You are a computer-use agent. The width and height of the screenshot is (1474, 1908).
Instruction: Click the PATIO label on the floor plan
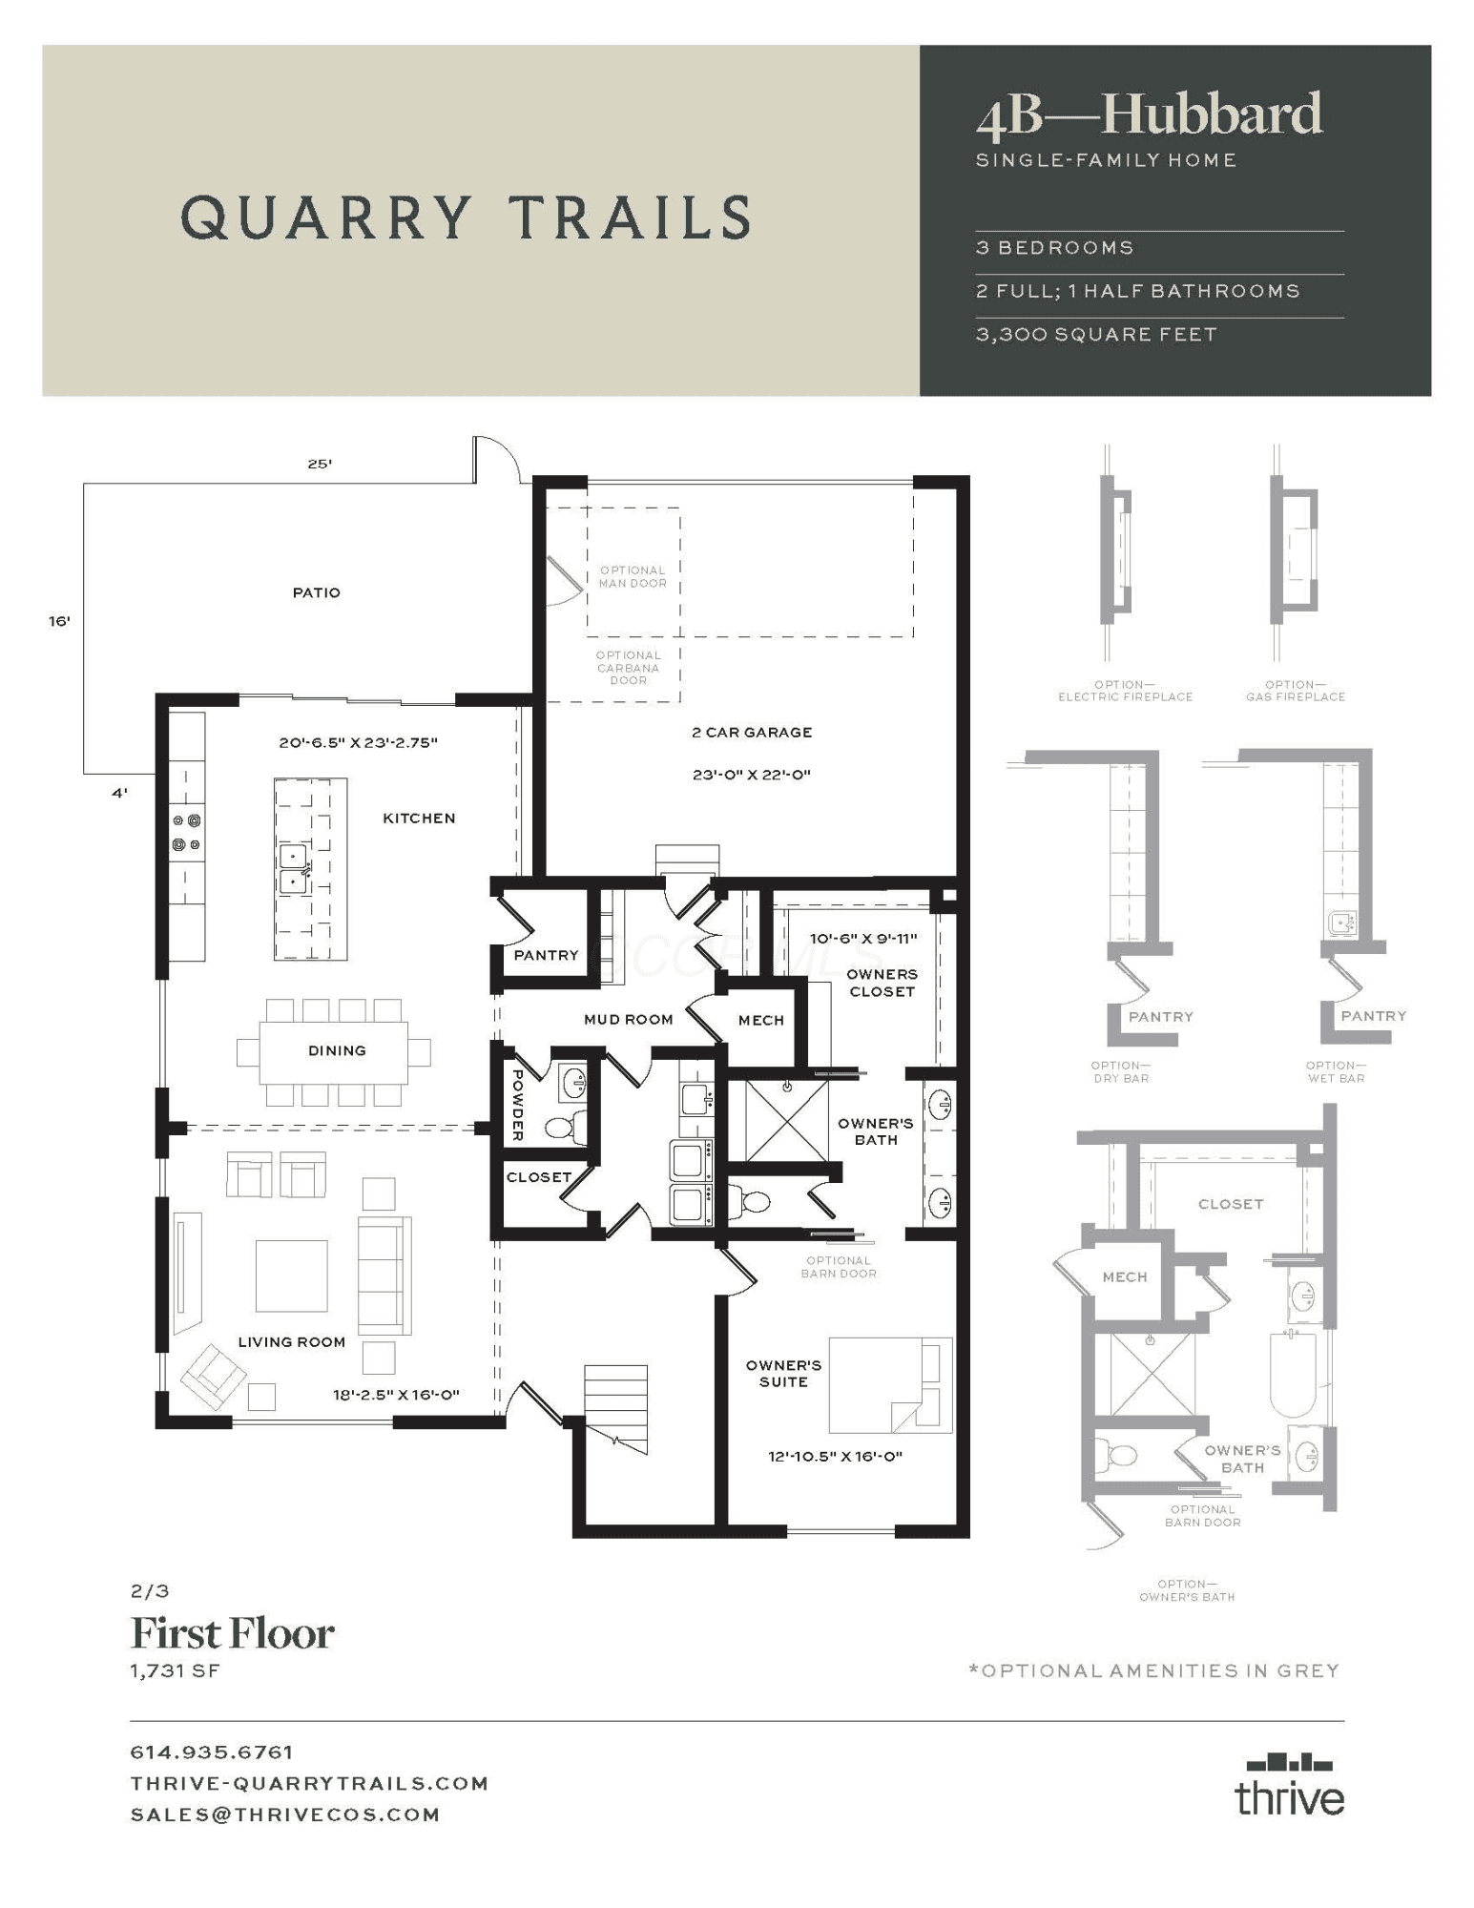(x=316, y=592)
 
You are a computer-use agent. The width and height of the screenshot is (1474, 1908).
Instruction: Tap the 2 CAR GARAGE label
(x=752, y=732)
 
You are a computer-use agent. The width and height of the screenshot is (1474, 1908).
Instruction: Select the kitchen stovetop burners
(x=186, y=832)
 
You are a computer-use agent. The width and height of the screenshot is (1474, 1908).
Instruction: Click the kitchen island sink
(x=293, y=868)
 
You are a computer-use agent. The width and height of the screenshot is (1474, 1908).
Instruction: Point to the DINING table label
(x=337, y=1050)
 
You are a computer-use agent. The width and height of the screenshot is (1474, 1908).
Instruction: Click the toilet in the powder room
(x=565, y=1128)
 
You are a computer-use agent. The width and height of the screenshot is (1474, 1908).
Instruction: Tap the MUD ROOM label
(x=628, y=1019)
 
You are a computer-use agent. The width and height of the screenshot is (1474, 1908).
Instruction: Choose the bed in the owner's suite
(x=890, y=1384)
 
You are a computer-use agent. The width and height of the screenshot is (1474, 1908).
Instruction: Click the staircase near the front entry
(x=615, y=1409)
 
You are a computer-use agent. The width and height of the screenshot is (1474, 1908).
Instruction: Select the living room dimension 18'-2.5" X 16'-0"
(x=395, y=1394)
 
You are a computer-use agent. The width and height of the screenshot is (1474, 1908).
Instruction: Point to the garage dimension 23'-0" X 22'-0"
(x=752, y=775)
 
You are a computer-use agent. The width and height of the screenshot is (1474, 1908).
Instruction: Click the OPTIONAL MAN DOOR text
(x=633, y=576)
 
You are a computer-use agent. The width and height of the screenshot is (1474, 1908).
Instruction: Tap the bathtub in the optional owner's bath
(x=1294, y=1373)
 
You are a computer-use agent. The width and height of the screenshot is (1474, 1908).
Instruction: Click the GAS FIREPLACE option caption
(x=1296, y=691)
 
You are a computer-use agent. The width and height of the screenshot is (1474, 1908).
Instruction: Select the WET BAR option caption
(x=1336, y=1071)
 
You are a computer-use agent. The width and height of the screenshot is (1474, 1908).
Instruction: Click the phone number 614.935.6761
(x=212, y=1752)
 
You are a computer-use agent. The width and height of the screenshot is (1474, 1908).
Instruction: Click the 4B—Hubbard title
(x=1150, y=114)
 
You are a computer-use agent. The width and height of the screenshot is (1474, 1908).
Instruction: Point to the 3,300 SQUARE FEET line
(x=1096, y=334)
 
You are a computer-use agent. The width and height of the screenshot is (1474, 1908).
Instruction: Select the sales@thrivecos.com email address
(x=285, y=1814)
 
